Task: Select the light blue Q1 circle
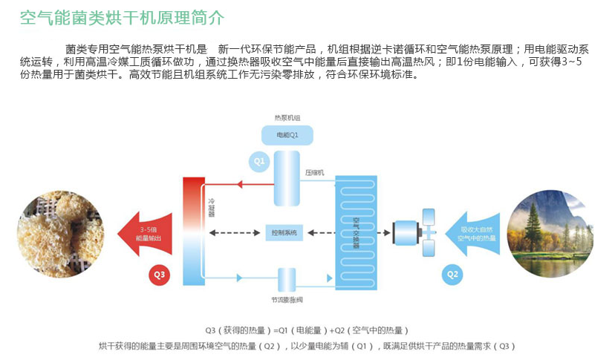click(x=258, y=160)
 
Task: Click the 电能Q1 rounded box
click(x=287, y=135)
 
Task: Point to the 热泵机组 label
click(x=287, y=117)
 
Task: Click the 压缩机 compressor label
click(x=314, y=171)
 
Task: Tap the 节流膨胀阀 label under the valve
click(x=287, y=300)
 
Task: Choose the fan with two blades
click(x=427, y=232)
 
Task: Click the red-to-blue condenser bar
click(x=194, y=231)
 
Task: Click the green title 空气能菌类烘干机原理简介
click(x=122, y=17)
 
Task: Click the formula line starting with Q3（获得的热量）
click(x=307, y=330)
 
